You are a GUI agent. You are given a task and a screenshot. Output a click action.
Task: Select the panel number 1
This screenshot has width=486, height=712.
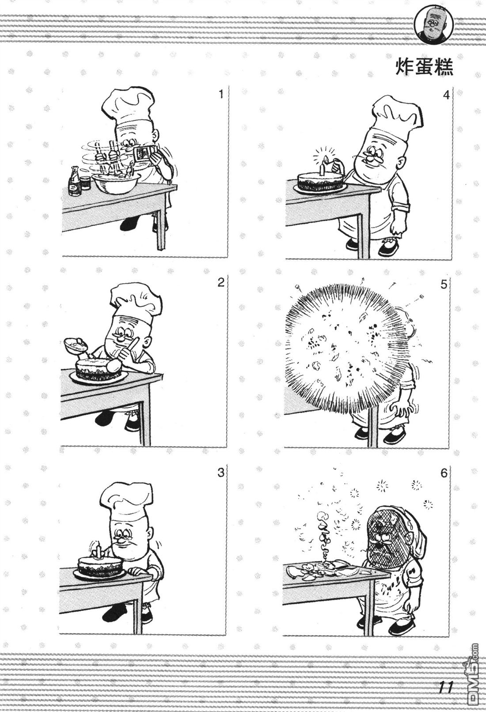221,95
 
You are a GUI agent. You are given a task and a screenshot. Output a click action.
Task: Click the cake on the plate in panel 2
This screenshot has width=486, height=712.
99,369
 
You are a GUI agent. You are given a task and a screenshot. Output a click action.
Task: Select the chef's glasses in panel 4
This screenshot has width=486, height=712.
371,157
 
